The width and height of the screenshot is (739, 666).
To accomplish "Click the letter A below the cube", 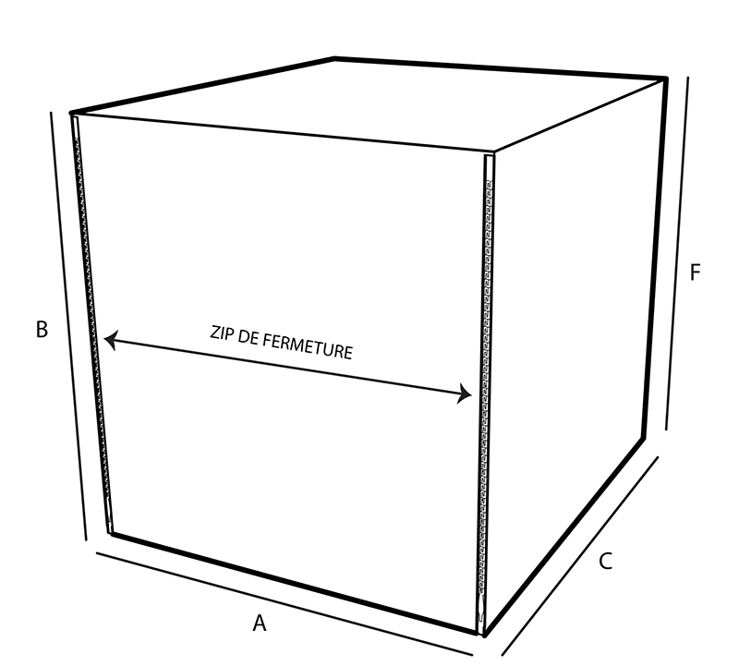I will (260, 624).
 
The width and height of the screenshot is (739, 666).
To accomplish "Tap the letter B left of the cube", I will (42, 329).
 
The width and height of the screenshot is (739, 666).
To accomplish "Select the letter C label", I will (605, 561).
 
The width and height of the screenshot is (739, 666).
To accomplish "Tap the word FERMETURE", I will (309, 347).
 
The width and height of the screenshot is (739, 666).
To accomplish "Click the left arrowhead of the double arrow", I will (108, 342).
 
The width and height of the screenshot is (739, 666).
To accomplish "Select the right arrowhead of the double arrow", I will (466, 395).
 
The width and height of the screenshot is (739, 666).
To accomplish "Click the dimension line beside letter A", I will (277, 600).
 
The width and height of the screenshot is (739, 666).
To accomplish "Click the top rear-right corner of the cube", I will (665, 79).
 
